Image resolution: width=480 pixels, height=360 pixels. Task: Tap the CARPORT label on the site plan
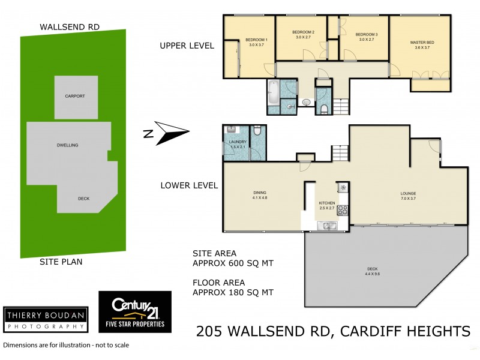[x=75, y=96]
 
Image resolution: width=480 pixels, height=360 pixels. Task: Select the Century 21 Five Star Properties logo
[x=134, y=312]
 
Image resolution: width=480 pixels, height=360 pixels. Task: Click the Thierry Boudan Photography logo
[x=44, y=319]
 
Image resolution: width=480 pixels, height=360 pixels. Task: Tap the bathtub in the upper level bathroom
[x=274, y=92]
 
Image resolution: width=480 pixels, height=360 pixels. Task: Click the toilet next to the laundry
[x=256, y=130]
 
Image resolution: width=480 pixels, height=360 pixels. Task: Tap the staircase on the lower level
[x=339, y=152]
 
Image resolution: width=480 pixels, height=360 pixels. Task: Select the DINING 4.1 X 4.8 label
[x=260, y=196]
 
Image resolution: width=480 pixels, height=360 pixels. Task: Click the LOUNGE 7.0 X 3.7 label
[x=409, y=196]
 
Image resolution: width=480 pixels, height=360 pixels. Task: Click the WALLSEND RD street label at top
[x=70, y=27]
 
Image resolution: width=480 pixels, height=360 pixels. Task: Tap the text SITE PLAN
[x=61, y=262]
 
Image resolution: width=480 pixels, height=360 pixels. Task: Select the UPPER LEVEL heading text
[x=187, y=46]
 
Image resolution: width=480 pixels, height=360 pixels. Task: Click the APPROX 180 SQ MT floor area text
[x=233, y=293]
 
